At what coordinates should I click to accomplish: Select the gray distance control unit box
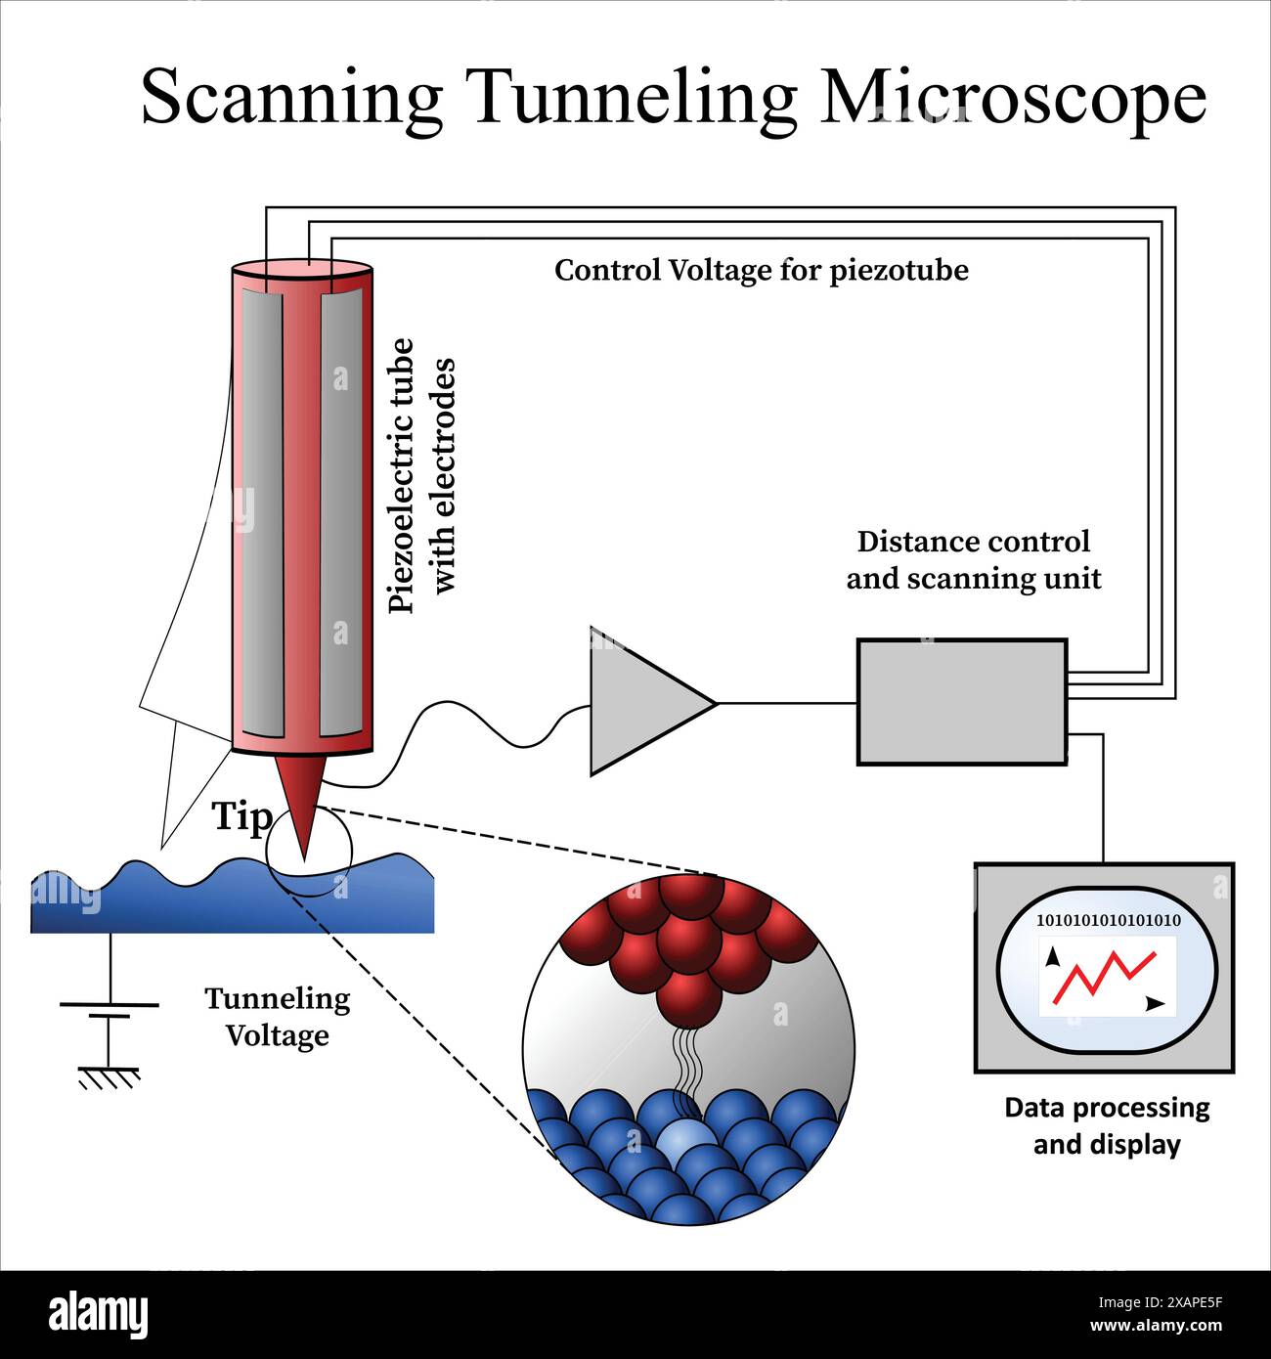point(961,701)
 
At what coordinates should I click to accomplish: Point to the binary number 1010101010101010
point(1108,920)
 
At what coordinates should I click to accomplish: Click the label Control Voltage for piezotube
point(761,270)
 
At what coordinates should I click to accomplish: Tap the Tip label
point(241,816)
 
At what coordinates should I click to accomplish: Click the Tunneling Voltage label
point(277,1017)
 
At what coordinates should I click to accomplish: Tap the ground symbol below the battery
point(109,1075)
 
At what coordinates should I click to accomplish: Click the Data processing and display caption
point(1107,1125)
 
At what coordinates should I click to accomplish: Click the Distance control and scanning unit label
point(973,560)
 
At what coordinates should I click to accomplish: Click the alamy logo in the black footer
point(98,1315)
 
